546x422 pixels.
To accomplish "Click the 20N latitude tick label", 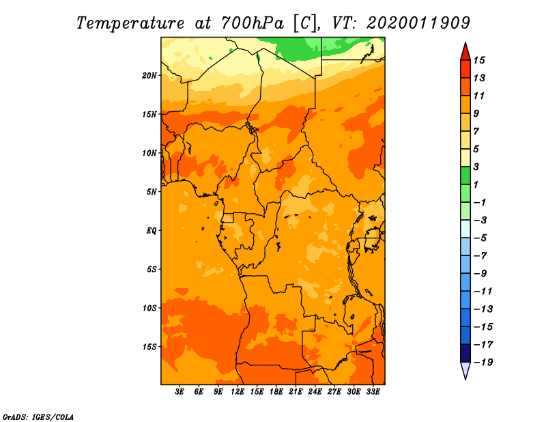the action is pos(149,76).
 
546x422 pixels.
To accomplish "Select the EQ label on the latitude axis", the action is pos(152,231).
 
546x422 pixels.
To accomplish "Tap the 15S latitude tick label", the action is pos(149,347).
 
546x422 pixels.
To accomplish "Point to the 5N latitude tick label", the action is pos(152,192).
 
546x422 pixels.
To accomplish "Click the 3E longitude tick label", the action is pos(179,392).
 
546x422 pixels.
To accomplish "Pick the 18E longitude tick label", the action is pos(276,392).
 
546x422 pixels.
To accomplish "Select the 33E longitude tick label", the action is pos(373,392).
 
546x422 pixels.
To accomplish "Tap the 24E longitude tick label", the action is pos(315,392).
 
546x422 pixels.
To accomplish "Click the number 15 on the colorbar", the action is pos(479,60).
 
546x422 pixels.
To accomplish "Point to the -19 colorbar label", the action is pos(483,363).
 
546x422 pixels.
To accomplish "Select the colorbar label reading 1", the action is pos(476,184).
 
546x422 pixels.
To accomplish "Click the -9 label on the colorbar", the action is pos(480,274).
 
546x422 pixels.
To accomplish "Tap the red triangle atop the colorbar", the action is pos(465,53).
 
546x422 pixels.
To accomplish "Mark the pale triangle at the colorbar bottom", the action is pos(465,369).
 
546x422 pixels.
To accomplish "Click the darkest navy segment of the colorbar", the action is pos(465,353).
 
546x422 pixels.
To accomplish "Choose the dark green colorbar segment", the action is pos(465,175).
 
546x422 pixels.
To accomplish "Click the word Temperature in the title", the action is pos(130,23).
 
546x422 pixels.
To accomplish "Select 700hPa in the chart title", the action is pos(252,23).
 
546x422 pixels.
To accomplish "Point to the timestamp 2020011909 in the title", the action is pos(418,23).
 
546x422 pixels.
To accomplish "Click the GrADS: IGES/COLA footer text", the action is pos(38,417).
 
